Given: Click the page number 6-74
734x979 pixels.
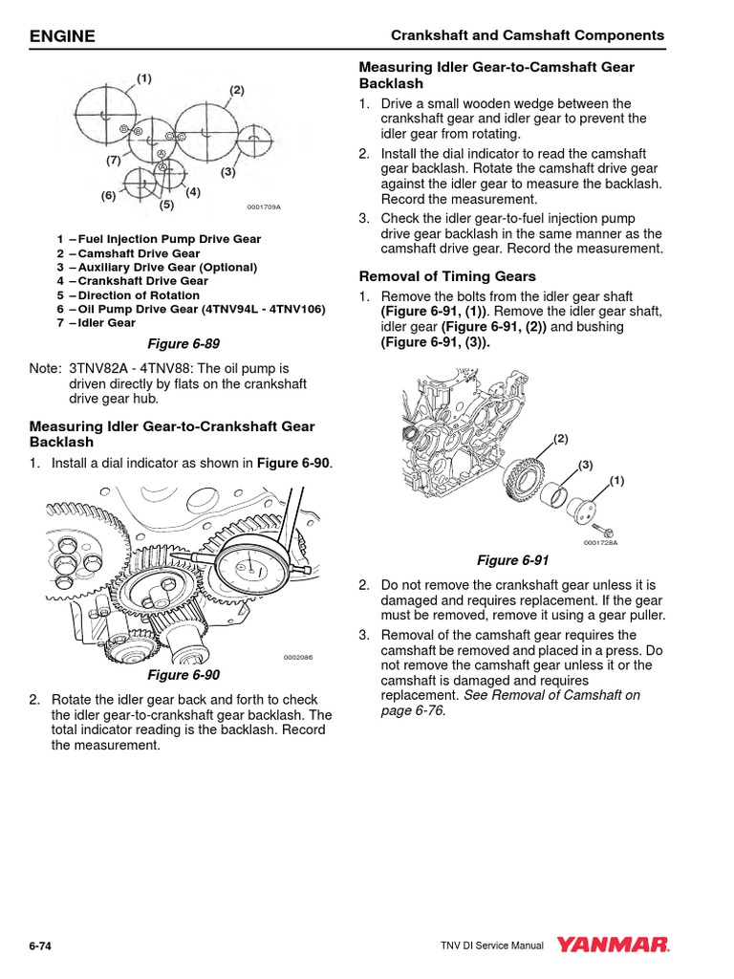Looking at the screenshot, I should [40, 946].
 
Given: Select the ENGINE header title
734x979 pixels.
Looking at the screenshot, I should [63, 36].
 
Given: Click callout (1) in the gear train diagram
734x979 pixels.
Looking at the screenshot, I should [144, 77].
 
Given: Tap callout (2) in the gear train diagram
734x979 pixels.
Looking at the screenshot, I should [237, 90].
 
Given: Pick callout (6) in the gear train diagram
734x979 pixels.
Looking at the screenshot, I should [108, 196].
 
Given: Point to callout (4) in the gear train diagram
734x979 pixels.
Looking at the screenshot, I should [193, 191].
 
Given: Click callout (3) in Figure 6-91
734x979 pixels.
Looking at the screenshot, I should [585, 465].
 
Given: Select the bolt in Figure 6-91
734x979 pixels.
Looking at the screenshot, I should [603, 527].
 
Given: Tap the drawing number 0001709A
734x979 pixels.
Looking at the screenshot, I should [264, 207].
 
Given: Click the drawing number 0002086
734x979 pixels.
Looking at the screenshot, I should [298, 658].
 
